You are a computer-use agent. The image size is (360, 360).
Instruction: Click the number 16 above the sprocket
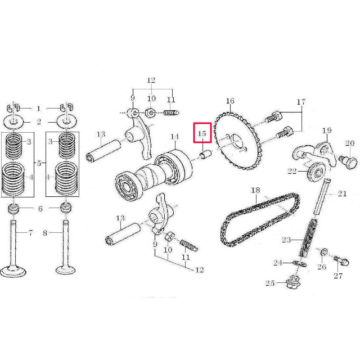click(x=229, y=101)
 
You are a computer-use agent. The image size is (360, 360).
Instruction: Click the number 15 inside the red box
click(x=202, y=135)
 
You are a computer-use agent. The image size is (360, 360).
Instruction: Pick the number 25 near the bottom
click(x=271, y=283)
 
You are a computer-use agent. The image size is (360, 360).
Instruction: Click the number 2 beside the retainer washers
click(x=39, y=121)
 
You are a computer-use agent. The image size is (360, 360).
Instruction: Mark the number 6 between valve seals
click(x=39, y=208)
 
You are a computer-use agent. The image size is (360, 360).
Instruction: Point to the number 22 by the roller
click(x=292, y=171)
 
